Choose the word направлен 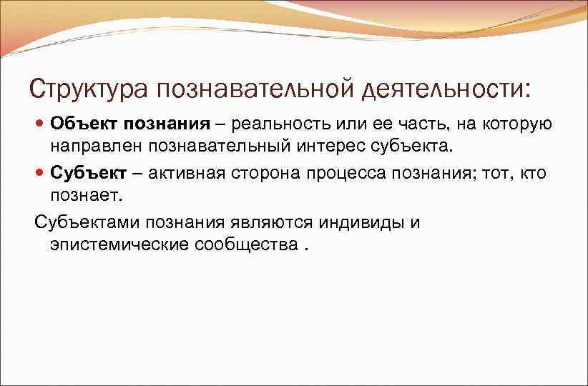[97, 147]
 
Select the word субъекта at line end [417, 147]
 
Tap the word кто [531, 174]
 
